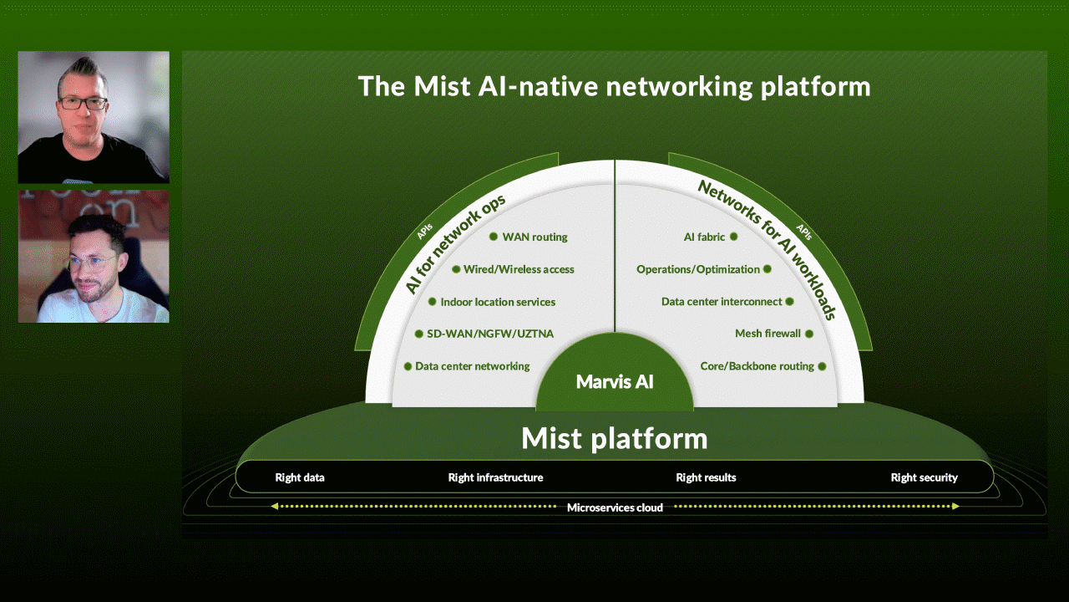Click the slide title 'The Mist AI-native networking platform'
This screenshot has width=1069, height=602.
(x=614, y=86)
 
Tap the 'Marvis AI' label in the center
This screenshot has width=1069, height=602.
(x=615, y=382)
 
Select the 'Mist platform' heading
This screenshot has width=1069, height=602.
(x=614, y=438)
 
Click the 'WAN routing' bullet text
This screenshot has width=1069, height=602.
(x=534, y=237)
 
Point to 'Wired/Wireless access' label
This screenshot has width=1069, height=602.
(x=519, y=269)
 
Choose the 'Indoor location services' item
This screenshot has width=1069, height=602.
(x=498, y=302)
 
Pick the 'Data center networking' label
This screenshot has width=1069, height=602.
(x=473, y=366)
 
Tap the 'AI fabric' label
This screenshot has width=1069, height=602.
(x=705, y=237)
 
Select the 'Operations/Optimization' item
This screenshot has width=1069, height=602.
(x=698, y=269)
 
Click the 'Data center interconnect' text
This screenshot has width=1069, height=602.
(x=722, y=301)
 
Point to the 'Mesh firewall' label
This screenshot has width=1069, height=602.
(x=768, y=334)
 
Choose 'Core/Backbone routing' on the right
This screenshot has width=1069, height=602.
(x=757, y=366)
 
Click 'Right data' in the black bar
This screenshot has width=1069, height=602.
(x=300, y=477)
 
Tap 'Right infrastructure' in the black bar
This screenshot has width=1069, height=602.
(x=495, y=477)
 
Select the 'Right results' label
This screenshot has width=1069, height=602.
(x=706, y=477)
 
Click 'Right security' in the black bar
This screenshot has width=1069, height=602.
(x=924, y=477)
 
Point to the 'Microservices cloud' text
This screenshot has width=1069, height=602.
(x=615, y=508)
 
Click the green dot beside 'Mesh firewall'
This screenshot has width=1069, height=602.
(x=808, y=334)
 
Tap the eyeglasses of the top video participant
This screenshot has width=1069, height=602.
(x=83, y=104)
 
